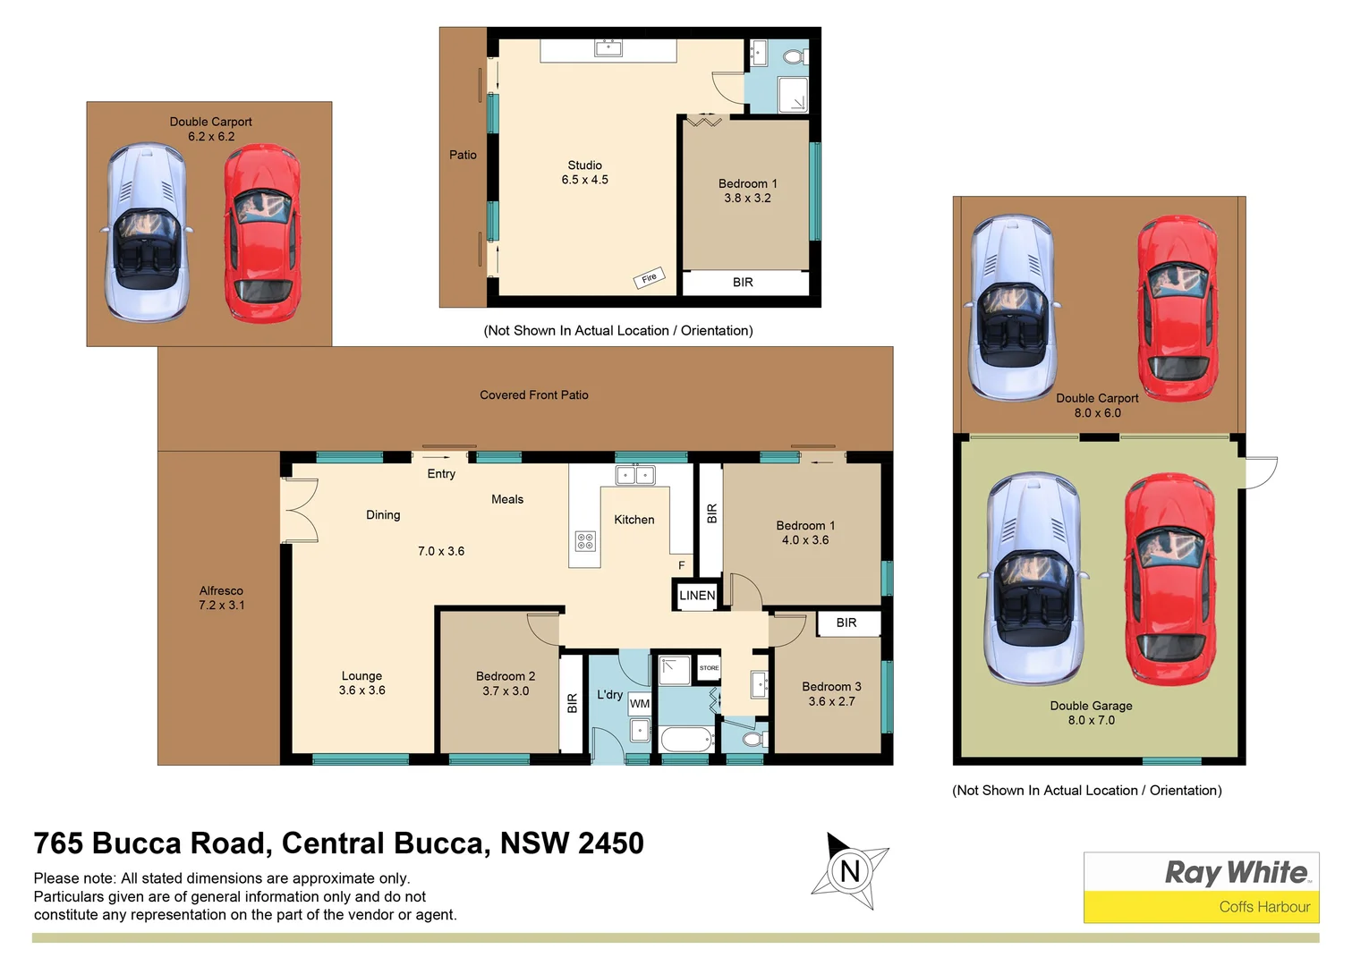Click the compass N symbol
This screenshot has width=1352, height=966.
(849, 871)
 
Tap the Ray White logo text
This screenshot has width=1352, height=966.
(1236, 872)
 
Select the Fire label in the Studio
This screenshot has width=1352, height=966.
(650, 278)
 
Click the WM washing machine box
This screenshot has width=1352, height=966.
(640, 704)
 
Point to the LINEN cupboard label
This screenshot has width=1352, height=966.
(696, 596)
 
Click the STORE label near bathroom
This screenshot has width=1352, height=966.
(709, 668)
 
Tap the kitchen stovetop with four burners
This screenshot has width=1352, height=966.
(585, 541)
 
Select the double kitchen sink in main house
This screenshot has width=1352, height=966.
(635, 475)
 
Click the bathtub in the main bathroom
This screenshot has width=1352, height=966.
(686, 740)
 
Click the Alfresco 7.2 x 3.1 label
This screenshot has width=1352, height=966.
(221, 598)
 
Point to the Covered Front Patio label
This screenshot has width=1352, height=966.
(534, 395)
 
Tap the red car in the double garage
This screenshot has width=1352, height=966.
(1168, 580)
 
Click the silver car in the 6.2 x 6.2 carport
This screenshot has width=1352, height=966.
(148, 233)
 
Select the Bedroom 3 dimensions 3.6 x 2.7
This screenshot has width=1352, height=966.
(831, 702)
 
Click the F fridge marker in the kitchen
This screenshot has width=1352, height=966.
(681, 565)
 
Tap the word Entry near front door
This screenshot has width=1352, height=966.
(441, 474)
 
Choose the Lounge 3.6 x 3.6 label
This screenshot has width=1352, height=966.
(361, 683)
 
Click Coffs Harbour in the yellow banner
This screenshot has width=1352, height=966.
(1263, 907)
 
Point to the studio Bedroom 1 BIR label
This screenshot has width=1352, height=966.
(743, 283)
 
